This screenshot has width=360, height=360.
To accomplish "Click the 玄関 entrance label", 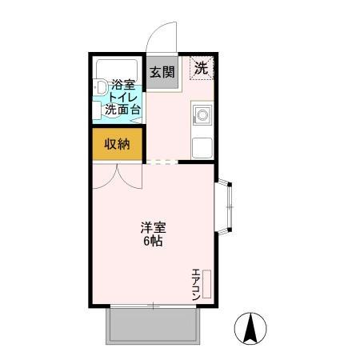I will pyautogui.click(x=162, y=71).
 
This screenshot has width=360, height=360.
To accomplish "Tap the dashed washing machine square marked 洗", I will pyautogui.click(x=201, y=68).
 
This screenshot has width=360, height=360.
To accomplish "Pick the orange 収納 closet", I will pyautogui.click(x=117, y=144).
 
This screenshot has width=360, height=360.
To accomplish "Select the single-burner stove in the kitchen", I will pyautogui.click(x=202, y=116).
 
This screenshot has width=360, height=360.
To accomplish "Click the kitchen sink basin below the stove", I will pyautogui.click(x=202, y=147).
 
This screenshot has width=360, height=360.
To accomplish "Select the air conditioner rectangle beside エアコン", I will pyautogui.click(x=206, y=286).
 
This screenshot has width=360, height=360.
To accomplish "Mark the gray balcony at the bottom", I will pyautogui.click(x=151, y=326).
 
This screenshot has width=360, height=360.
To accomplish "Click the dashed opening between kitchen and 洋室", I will pyautogui.click(x=162, y=162).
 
